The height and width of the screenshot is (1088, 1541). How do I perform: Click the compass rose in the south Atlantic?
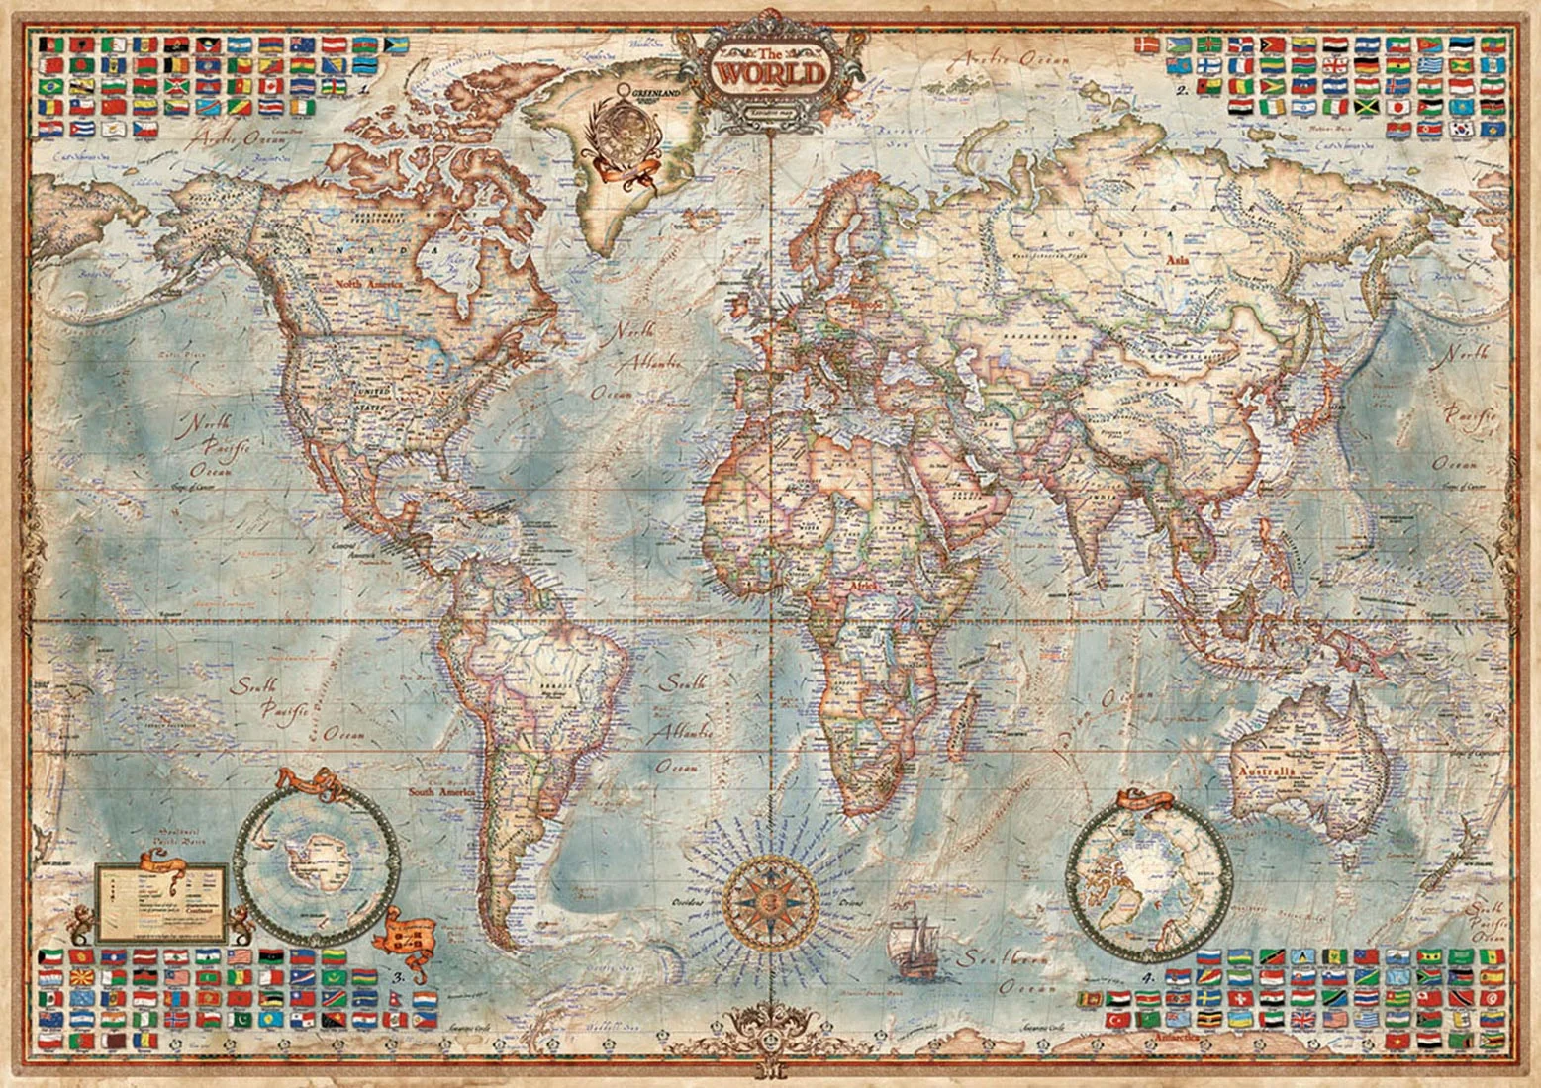pos(769,901)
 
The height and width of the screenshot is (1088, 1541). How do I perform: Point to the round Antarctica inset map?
pos(318,863)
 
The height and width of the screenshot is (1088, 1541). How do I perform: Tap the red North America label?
pos(368,285)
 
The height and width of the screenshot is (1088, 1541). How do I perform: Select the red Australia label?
pos(1265,771)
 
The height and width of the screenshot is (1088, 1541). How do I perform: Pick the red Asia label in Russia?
pos(1178,260)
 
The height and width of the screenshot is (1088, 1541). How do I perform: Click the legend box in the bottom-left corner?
pos(161,899)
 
